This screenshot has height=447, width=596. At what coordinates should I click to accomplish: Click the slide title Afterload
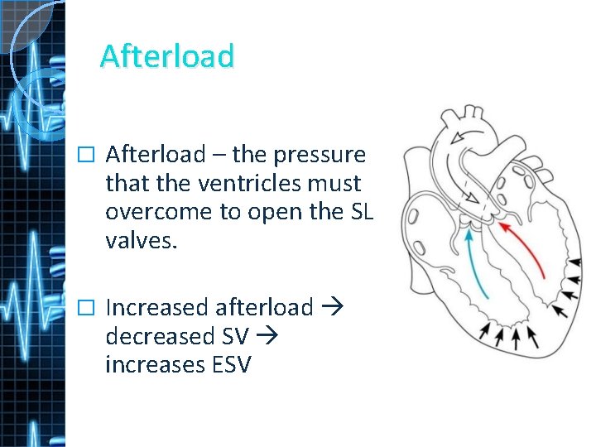tap(167, 55)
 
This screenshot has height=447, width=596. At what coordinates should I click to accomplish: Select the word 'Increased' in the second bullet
tap(157, 308)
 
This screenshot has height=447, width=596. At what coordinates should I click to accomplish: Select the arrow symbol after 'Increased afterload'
tap(333, 308)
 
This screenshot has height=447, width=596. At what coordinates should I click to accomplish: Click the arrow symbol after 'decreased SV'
tap(269, 336)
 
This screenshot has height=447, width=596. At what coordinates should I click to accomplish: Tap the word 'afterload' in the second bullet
tap(264, 308)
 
